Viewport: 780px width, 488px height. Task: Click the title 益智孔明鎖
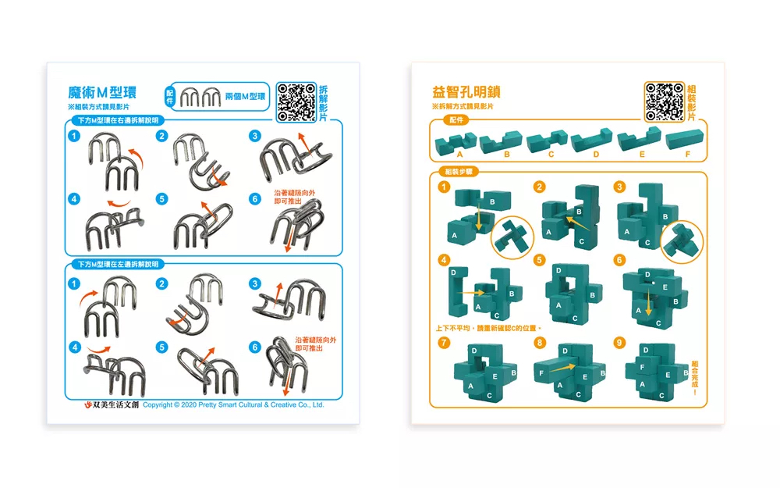tap(466, 92)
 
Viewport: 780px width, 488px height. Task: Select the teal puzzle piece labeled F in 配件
tap(687, 143)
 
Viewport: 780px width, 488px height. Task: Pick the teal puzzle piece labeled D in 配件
tap(594, 142)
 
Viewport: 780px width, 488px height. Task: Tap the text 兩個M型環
tap(245, 96)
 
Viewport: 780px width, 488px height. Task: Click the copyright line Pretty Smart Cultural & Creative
tap(233, 404)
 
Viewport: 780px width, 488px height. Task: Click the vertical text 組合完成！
tap(694, 376)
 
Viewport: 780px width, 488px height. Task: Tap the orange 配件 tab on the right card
tap(456, 120)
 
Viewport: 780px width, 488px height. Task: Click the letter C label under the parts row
tap(551, 155)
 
